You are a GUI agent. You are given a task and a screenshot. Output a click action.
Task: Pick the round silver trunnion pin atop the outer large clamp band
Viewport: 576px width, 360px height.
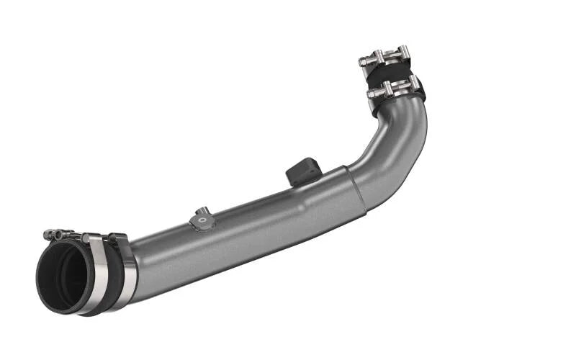(x=85, y=237)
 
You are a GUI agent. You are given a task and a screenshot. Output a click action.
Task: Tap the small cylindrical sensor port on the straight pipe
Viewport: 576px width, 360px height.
(x=202, y=212)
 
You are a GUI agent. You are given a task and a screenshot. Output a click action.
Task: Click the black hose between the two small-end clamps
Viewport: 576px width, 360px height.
(x=392, y=73)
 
